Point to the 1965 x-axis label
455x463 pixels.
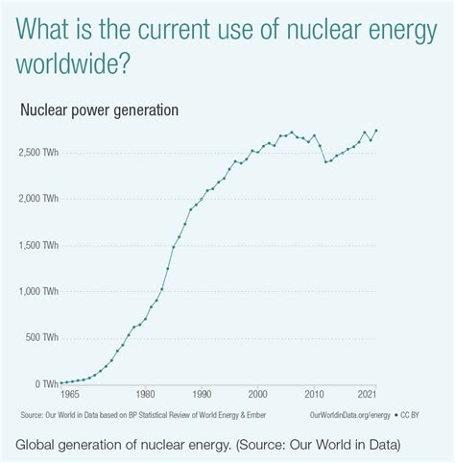point(69,394)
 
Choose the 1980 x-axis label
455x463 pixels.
point(145,394)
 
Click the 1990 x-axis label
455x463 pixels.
point(202,394)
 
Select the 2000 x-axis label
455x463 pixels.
point(257,394)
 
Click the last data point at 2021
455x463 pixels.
point(376,130)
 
